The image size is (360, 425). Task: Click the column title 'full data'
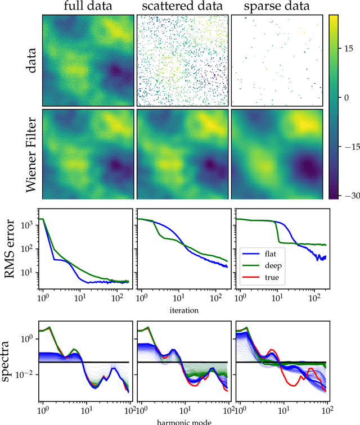tap(88, 7)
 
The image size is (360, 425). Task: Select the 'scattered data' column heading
tap(182, 7)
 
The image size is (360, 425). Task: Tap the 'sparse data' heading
tap(277, 7)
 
